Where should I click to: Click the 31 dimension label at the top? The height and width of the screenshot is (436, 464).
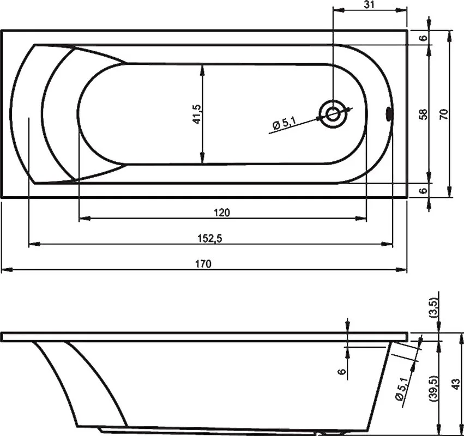(369, 5)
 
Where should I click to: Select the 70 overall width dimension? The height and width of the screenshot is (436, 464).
(444, 114)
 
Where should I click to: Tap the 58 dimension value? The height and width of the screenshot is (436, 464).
(424, 114)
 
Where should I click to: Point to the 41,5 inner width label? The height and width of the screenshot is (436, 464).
(197, 114)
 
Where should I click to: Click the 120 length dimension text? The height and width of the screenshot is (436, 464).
(222, 213)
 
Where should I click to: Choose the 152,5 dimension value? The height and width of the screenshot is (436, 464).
(209, 238)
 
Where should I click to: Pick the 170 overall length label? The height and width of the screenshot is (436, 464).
(203, 264)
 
